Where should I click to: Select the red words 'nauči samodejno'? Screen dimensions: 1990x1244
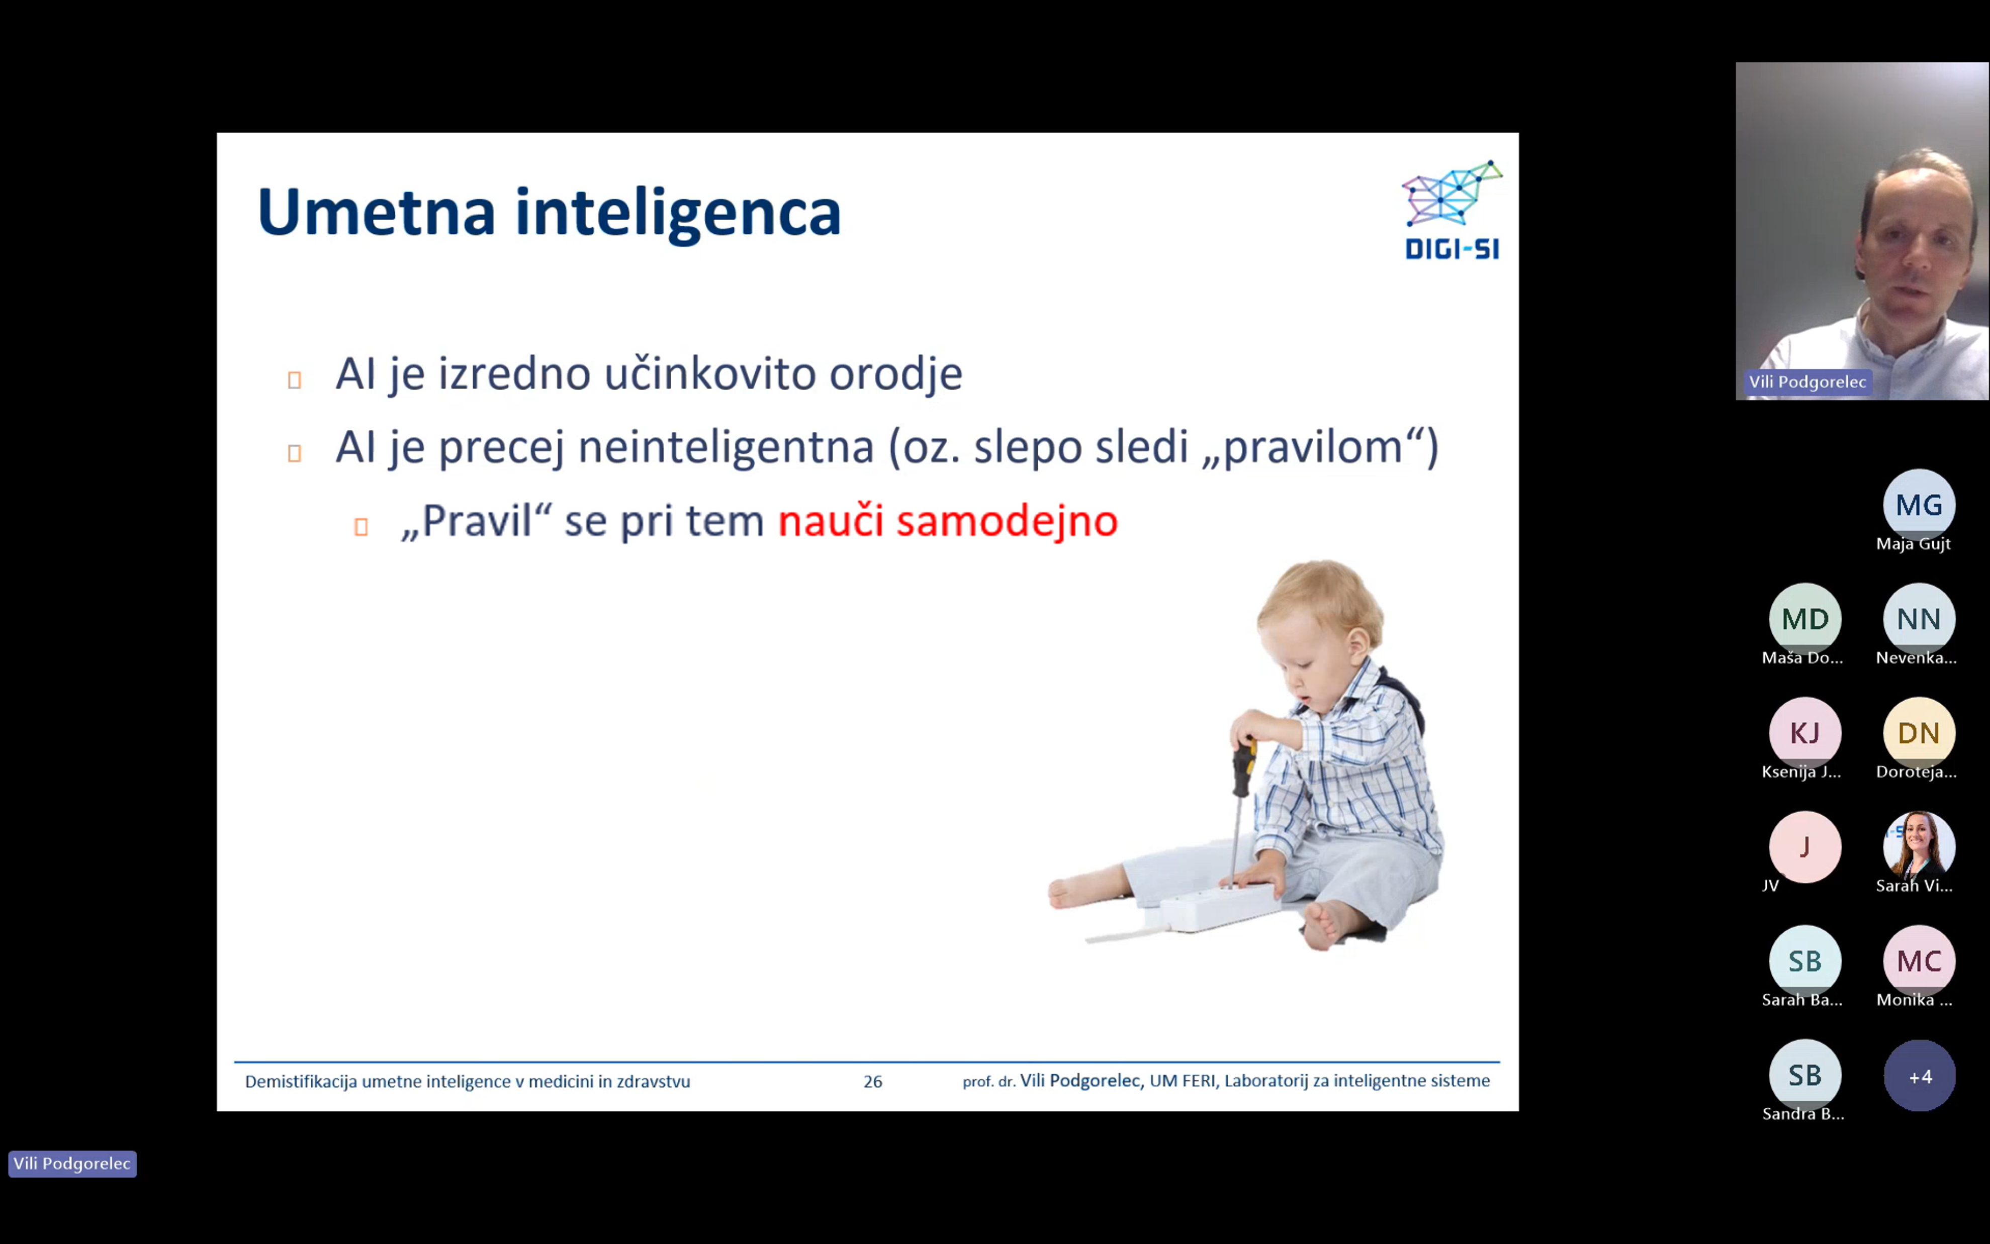[x=947, y=521]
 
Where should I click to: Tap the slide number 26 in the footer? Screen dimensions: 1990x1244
[x=872, y=1081]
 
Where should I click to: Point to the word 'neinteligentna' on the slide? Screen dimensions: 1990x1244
[x=726, y=447]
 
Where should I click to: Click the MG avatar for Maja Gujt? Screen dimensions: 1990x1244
[x=1919, y=504]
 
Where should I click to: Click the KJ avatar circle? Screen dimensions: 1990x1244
[x=1805, y=732]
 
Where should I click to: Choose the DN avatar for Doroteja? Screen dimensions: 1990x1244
[x=1919, y=732]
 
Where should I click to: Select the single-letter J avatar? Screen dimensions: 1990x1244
[x=1805, y=846]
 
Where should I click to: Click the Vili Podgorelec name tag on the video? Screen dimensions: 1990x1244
[x=1807, y=382]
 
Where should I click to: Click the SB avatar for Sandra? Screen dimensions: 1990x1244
[x=1805, y=1075]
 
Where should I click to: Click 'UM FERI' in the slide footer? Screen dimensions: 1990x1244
[x=1182, y=1080]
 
